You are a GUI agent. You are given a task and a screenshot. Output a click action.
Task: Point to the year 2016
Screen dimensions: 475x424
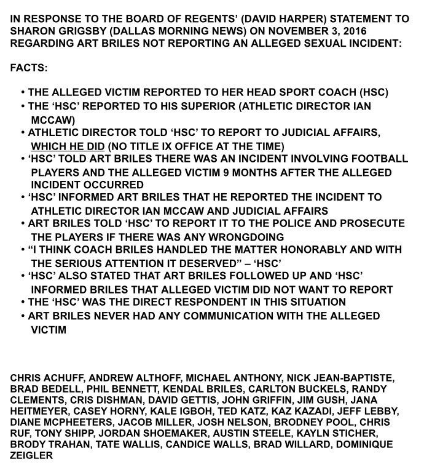pos(395,31)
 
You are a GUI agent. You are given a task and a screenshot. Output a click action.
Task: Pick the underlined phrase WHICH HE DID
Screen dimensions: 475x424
pos(68,146)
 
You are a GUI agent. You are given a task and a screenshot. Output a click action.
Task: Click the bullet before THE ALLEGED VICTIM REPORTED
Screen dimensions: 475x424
pos(22,93)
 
